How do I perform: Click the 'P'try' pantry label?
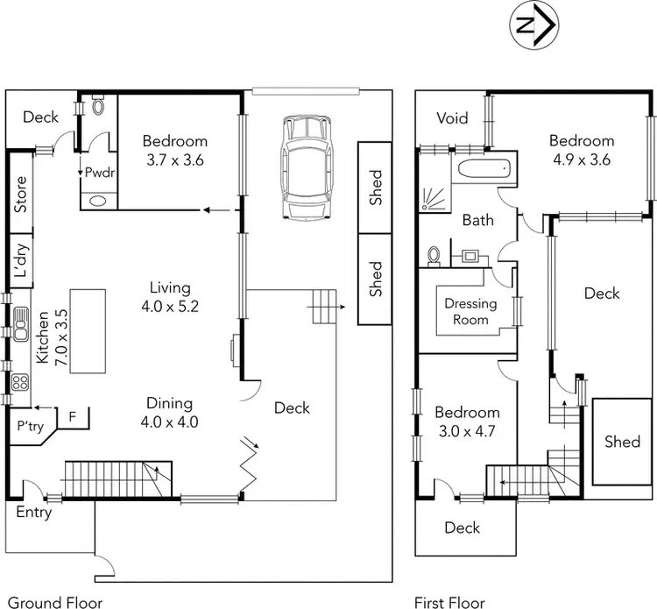pyautogui.click(x=31, y=427)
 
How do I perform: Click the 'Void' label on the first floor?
pyautogui.click(x=452, y=118)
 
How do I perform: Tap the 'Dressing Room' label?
pyautogui.click(x=470, y=312)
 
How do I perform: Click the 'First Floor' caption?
pyautogui.click(x=449, y=603)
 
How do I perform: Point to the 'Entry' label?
pyautogui.click(x=34, y=513)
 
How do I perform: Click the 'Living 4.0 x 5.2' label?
pyautogui.click(x=170, y=297)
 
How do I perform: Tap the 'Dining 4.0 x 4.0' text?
pyautogui.click(x=170, y=412)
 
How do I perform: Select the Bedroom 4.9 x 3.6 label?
pyautogui.click(x=582, y=150)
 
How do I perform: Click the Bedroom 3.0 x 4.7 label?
pyautogui.click(x=468, y=421)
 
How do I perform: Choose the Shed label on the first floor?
pyautogui.click(x=623, y=442)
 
